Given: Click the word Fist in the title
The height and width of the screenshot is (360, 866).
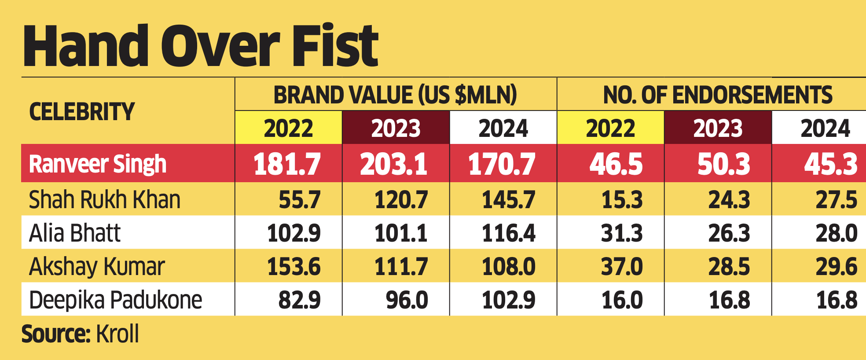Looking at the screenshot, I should pos(335,46).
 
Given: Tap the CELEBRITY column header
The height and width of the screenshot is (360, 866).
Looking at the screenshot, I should pos(82,112).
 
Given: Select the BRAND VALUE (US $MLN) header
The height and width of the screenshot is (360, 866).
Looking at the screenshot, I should pos(395,95).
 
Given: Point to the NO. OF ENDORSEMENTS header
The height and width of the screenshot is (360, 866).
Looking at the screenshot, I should pos(718,95).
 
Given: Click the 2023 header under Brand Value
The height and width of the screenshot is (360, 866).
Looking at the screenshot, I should pos(396,129).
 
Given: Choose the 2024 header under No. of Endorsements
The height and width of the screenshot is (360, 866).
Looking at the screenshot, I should pos(825,129).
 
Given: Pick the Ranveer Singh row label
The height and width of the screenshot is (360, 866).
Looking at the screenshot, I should pos(98,164).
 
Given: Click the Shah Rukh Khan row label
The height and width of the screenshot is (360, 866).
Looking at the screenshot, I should pos(105,200).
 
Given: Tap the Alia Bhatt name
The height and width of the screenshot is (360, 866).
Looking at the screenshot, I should pos(75,233).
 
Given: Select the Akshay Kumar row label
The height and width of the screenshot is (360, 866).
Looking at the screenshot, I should pos(97,267).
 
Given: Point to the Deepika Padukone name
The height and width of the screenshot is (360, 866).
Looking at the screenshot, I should pos(115,300).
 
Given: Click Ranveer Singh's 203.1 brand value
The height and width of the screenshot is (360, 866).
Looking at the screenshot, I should pos(394,164).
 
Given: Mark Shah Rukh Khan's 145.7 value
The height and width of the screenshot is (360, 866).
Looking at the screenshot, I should pos(509,200).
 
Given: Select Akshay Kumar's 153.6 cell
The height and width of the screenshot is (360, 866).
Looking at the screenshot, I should pos(294,267).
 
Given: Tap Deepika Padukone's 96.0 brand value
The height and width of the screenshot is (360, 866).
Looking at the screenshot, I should pos(407,300).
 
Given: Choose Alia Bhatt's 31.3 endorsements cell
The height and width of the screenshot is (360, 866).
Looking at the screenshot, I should pos(622,233).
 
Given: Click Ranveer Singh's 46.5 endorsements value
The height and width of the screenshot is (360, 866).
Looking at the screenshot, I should pos(616,164).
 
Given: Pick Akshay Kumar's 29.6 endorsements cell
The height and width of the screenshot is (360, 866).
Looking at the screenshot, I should pos(836,267).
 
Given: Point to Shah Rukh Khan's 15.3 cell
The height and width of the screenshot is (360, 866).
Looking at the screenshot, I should pos(622,200).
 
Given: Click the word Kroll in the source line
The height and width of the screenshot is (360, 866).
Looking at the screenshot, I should pos(117,334).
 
